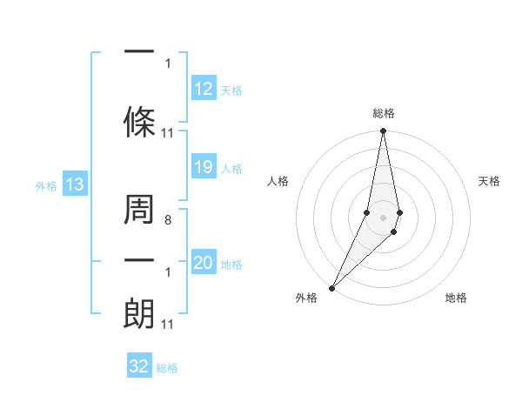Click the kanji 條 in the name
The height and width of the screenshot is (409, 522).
[x=139, y=117]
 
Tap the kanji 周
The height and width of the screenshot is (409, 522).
[x=139, y=211]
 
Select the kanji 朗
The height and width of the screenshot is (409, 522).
[x=139, y=313]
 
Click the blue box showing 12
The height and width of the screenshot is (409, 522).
[x=204, y=89]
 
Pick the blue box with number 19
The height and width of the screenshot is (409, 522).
[x=204, y=167]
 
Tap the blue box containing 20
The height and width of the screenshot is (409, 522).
[x=204, y=264]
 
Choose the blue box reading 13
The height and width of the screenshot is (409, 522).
[x=74, y=184]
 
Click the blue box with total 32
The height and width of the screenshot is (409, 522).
[x=139, y=366]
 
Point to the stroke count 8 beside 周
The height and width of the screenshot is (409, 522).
[x=168, y=221]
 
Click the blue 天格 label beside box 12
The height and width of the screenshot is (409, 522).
[x=231, y=90]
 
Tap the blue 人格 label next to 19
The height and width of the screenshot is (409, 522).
[x=231, y=168]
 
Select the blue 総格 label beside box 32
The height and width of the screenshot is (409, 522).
[x=167, y=367]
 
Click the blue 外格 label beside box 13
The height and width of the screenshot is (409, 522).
[x=46, y=185]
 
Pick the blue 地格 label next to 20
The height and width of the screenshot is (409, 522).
[x=231, y=265]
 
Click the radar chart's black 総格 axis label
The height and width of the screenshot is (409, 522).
[x=384, y=113]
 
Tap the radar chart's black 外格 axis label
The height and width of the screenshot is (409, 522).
[x=306, y=298]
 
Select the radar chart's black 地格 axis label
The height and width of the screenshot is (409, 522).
[x=456, y=298]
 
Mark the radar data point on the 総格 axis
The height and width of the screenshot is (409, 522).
[x=383, y=131]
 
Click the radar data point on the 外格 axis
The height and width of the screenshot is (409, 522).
[x=331, y=287]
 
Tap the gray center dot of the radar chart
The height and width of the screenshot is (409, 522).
[x=383, y=217]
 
